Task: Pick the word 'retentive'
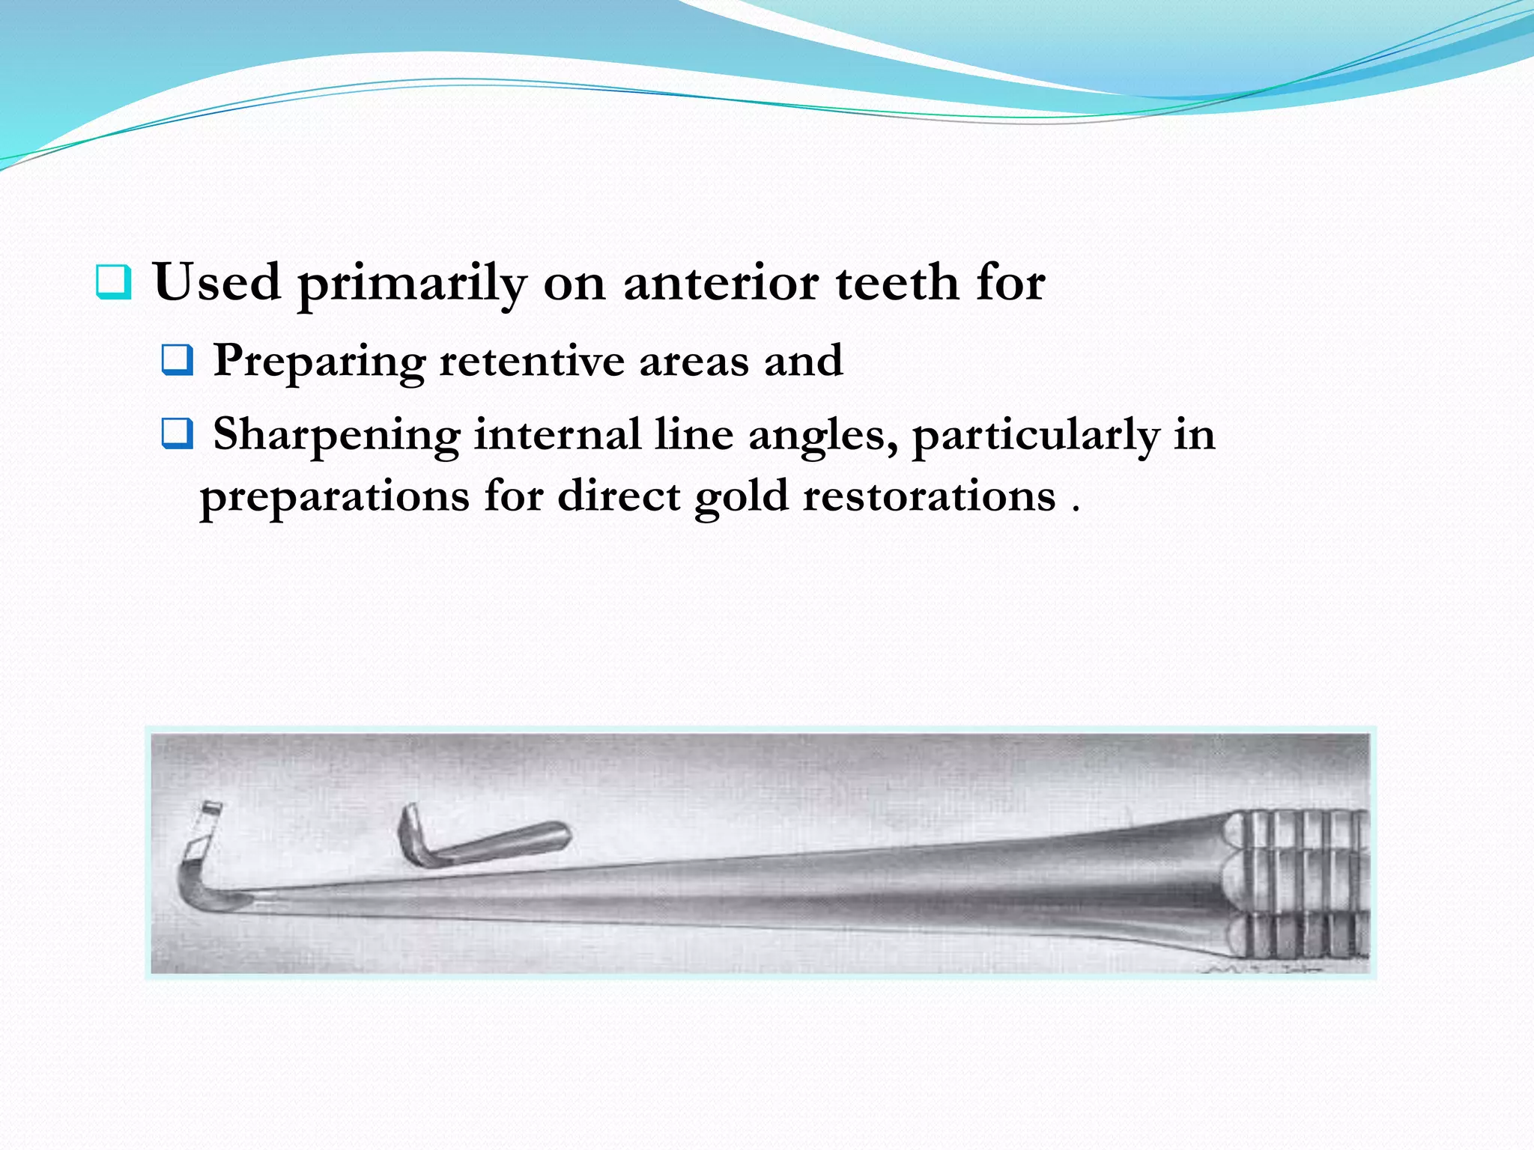pos(531,361)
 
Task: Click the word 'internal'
pos(557,434)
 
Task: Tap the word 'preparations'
pos(334,497)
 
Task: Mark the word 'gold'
pos(741,497)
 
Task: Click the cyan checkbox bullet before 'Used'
pos(114,282)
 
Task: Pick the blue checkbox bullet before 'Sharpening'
pos(178,433)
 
